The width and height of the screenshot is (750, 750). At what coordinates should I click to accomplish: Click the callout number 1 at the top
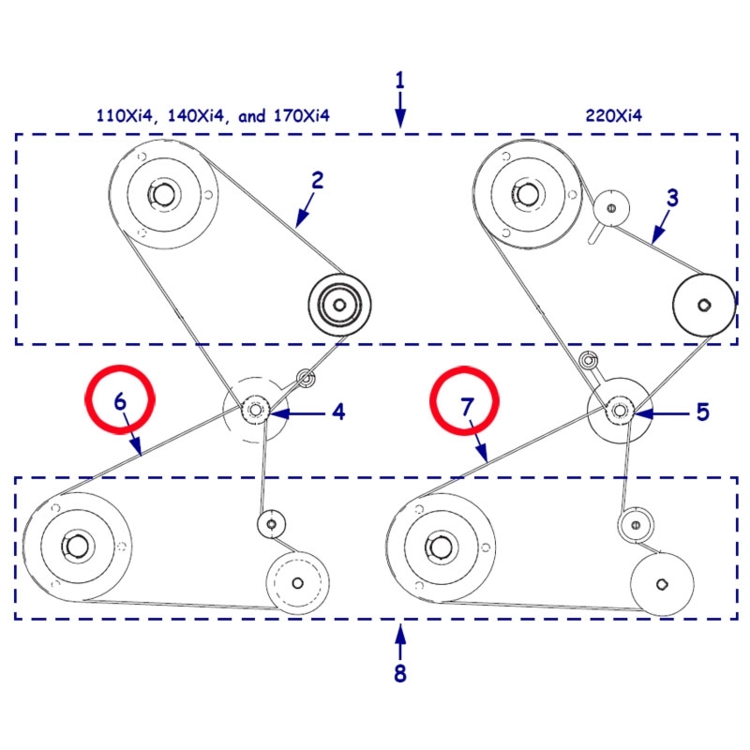(400, 79)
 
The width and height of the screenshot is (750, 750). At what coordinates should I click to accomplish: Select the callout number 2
(318, 181)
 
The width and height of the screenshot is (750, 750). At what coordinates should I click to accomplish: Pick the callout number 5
(702, 412)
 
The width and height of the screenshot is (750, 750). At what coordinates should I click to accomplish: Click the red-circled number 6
(119, 402)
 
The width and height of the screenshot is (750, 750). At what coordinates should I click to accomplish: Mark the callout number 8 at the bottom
(400, 673)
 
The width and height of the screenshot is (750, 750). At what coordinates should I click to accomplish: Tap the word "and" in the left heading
(252, 115)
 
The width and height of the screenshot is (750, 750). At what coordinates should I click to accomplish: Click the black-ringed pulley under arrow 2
(339, 305)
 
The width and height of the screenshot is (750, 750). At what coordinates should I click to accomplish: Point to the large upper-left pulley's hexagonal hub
(163, 194)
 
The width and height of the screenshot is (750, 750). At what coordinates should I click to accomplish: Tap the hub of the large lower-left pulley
(76, 545)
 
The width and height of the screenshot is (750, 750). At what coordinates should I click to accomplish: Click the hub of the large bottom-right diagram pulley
(440, 545)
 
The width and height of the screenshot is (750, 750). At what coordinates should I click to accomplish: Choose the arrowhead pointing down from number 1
(400, 119)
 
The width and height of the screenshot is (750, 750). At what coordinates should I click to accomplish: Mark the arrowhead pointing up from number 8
(400, 633)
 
